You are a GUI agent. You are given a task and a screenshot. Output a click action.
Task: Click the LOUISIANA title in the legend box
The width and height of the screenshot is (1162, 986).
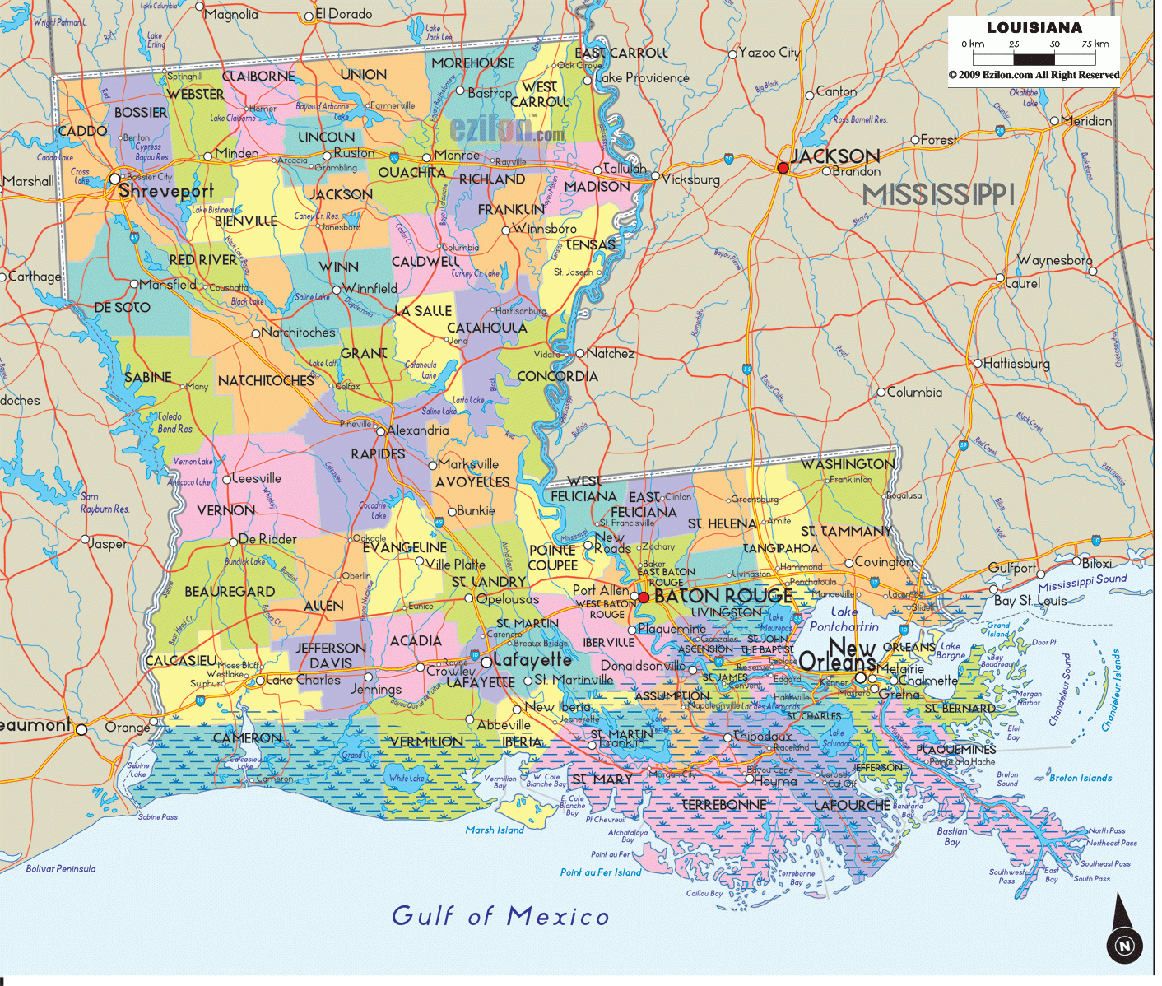pyautogui.click(x=1034, y=27)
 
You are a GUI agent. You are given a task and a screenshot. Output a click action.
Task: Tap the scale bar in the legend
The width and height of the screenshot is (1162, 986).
pyautogui.click(x=1034, y=59)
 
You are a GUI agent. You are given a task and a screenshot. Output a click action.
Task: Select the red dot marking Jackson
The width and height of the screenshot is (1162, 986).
pyautogui.click(x=783, y=168)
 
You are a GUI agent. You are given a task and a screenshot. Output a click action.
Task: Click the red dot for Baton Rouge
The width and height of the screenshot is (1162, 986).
pyautogui.click(x=644, y=597)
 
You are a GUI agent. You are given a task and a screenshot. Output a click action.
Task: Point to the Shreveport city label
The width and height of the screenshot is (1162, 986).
pyautogui.click(x=166, y=191)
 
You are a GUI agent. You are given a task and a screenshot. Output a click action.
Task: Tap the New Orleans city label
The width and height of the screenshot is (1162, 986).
pyautogui.click(x=839, y=655)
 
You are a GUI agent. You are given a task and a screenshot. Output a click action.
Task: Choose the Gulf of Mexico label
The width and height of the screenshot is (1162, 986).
pyautogui.click(x=500, y=915)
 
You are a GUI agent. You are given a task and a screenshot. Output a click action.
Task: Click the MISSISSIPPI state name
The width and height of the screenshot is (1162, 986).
pyautogui.click(x=938, y=195)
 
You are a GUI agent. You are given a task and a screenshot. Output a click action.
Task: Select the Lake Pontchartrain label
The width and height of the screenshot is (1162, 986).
pyautogui.click(x=844, y=619)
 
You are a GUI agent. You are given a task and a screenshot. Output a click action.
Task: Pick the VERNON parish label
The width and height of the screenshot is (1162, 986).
pyautogui.click(x=226, y=510)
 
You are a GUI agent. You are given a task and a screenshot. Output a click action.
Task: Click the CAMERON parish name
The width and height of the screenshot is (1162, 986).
pyautogui.click(x=247, y=738)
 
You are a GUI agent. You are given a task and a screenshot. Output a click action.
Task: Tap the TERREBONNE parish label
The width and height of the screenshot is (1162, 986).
pyautogui.click(x=724, y=804)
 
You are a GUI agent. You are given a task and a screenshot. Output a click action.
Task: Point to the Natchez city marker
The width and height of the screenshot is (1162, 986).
pyautogui.click(x=580, y=353)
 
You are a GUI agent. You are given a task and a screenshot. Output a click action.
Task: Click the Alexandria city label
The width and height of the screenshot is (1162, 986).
pyautogui.click(x=418, y=430)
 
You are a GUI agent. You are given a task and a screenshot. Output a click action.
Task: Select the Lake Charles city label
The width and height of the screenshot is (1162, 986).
pyautogui.click(x=303, y=680)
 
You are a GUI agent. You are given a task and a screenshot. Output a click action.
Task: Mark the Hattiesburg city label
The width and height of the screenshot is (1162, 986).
pyautogui.click(x=1017, y=363)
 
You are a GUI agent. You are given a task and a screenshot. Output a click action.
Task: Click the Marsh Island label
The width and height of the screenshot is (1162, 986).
pyautogui.click(x=495, y=830)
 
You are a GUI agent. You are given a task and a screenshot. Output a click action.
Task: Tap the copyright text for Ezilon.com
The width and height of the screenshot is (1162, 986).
pyautogui.click(x=1034, y=75)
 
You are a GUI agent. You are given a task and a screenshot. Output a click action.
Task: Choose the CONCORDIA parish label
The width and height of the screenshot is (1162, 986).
pyautogui.click(x=557, y=376)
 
